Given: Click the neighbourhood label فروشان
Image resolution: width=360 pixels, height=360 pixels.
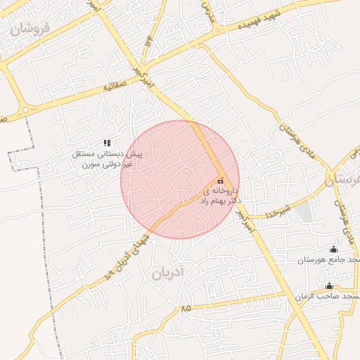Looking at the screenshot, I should (x=32, y=29).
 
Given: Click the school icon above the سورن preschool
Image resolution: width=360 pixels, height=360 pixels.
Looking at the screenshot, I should (x=107, y=143).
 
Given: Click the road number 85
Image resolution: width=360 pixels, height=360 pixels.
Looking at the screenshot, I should (x=186, y=309).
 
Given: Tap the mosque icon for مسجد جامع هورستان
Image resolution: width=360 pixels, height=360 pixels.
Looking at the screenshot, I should (x=333, y=249).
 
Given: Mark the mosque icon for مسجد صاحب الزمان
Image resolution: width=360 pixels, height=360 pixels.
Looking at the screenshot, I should (x=329, y=285).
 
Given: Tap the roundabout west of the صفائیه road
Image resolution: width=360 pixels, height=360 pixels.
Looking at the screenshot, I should (x=27, y=110).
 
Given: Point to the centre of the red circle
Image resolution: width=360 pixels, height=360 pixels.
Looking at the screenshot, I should (x=180, y=179).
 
